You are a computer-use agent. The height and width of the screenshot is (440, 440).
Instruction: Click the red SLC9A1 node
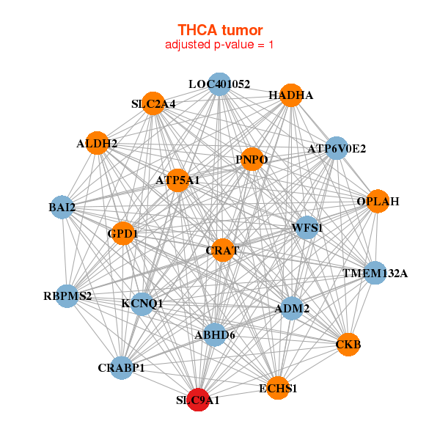[198, 400]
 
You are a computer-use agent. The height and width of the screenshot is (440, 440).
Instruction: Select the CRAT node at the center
[222, 250]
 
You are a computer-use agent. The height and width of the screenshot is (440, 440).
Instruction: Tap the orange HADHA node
[291, 95]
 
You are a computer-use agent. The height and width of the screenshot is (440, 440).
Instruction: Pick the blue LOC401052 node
[219, 84]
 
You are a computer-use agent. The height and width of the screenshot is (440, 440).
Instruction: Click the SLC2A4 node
[153, 103]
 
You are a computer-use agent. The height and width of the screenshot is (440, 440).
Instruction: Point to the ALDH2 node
[98, 143]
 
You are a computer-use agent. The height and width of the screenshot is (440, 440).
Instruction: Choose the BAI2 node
[62, 208]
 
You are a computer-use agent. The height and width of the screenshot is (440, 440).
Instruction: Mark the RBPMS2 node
[67, 296]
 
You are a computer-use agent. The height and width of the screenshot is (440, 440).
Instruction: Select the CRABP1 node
[122, 367]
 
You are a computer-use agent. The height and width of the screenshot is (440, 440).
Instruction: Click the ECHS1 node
[278, 388]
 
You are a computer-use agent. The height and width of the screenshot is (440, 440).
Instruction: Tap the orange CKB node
[349, 343]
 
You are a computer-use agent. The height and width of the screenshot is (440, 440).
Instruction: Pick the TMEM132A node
[375, 274]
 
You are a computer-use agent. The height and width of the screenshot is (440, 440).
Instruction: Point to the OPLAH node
[378, 201]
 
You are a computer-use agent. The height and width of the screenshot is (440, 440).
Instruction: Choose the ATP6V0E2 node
[336, 148]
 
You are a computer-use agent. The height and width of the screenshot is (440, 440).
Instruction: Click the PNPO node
[252, 159]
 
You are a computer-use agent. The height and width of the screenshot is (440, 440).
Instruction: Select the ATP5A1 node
[177, 180]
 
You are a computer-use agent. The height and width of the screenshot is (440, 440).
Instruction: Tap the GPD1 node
[122, 234]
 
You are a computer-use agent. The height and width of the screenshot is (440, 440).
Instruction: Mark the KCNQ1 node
[142, 303]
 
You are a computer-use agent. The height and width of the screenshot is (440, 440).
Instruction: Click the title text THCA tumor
[220, 30]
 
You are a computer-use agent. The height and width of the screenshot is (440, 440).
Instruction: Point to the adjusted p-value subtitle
[220, 45]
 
